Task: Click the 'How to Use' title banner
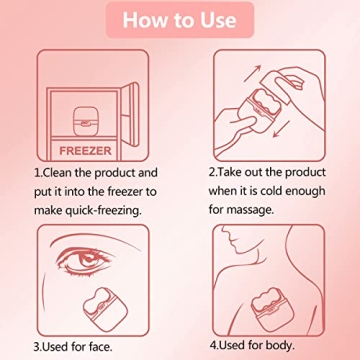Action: click(180, 21)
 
